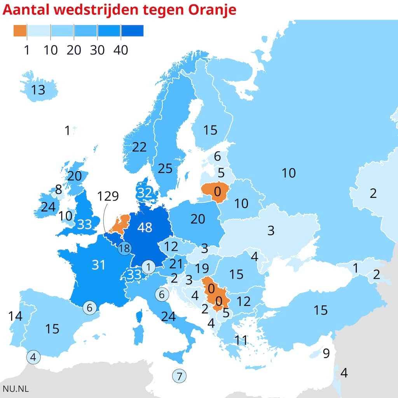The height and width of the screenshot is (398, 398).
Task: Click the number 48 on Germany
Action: click(145, 227)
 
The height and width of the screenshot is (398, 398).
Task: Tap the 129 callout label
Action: click(108, 196)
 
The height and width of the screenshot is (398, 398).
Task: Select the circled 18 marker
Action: click(124, 248)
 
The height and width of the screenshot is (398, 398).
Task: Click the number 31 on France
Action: click(99, 265)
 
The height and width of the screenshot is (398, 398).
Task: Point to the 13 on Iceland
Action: click(38, 90)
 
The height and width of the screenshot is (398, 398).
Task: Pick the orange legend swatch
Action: click(20, 31)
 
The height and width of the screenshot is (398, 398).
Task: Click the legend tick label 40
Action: click(121, 50)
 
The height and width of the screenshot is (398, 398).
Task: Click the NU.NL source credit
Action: click(16, 388)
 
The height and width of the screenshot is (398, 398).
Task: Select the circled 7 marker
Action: click(179, 376)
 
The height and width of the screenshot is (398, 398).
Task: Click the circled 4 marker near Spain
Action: click(33, 357)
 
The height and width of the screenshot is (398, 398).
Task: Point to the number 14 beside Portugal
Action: click(15, 316)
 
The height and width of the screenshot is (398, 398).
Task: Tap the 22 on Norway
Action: click(139, 147)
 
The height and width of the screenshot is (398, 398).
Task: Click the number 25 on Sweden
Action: click(165, 168)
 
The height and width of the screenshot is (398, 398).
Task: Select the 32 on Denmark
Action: click(145, 192)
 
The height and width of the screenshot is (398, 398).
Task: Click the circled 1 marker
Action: click(148, 267)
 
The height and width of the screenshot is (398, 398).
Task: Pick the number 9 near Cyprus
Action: click(326, 353)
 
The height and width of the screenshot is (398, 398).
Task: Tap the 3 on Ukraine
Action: click(271, 230)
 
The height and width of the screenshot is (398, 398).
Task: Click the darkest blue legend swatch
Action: click(132, 31)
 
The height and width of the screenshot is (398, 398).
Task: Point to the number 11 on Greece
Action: click(241, 340)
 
